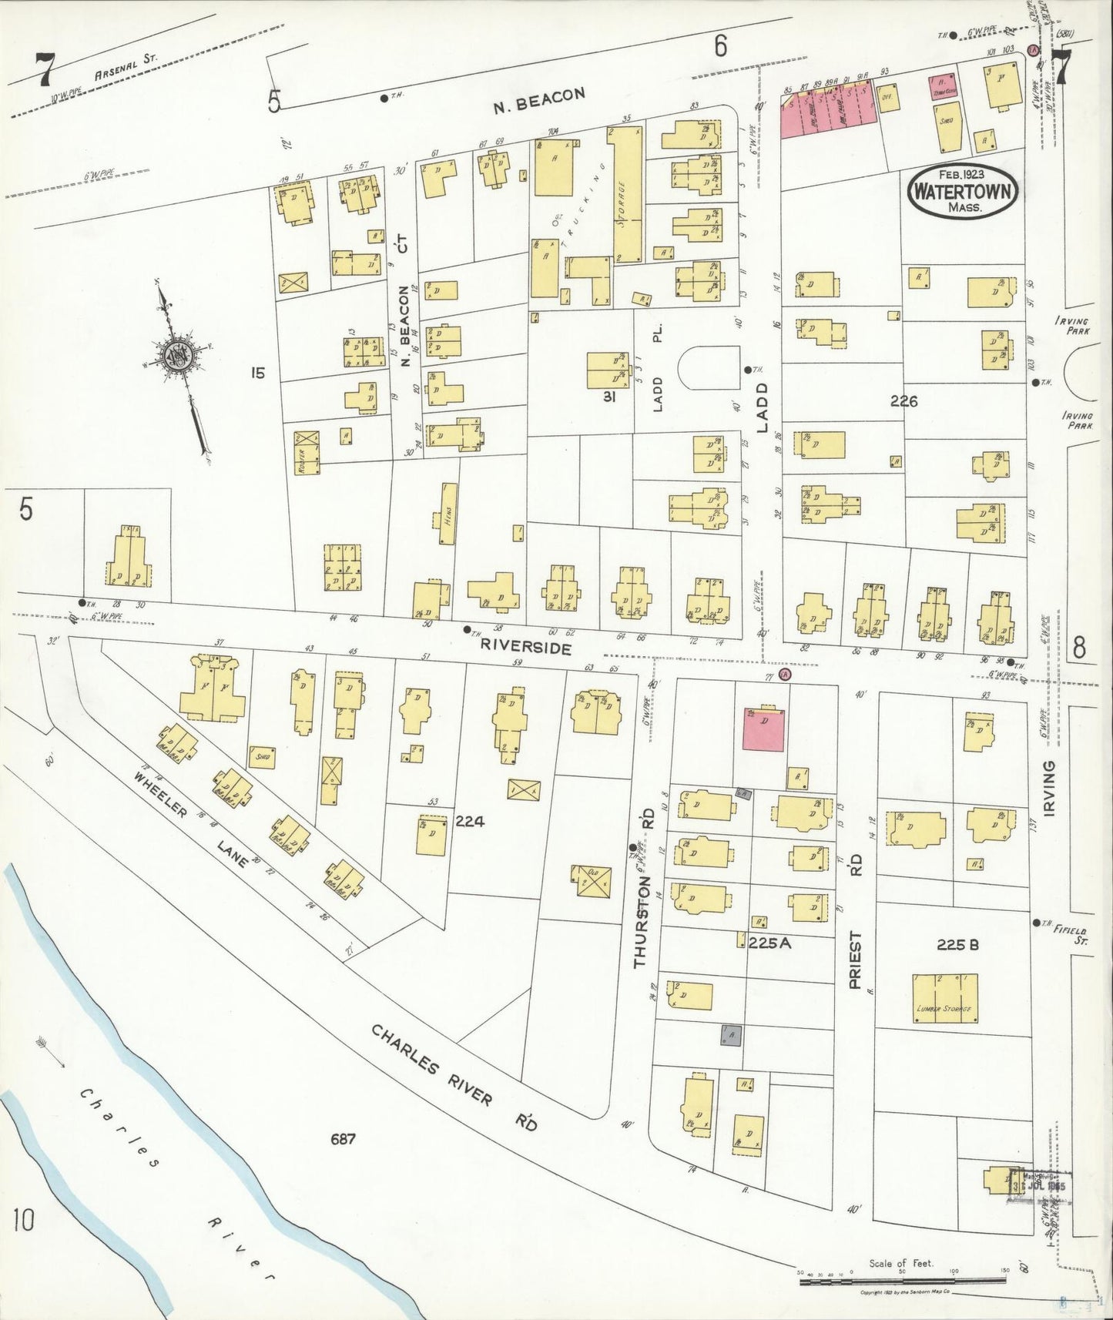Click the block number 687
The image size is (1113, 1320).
(343, 1138)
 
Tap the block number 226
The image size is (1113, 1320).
(904, 400)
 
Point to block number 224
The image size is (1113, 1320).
(469, 821)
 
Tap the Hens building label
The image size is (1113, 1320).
(448, 514)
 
